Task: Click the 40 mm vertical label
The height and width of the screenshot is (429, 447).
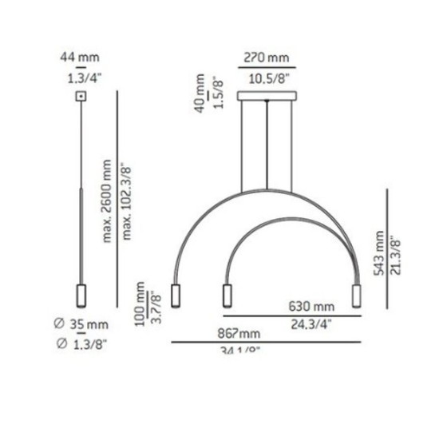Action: coord(200,95)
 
